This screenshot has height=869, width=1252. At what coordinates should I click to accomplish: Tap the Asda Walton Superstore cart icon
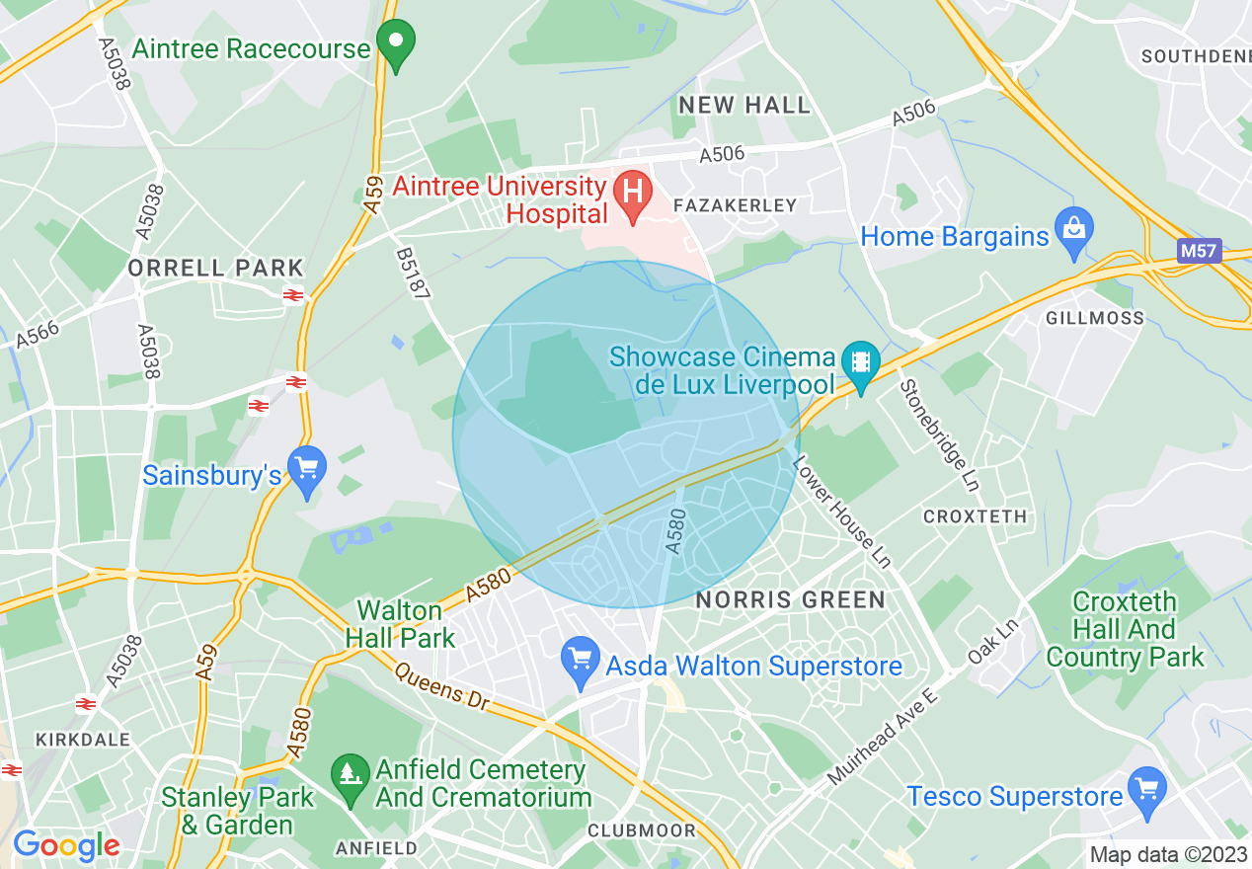pyautogui.click(x=580, y=660)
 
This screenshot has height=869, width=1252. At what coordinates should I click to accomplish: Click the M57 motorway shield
pyautogui.click(x=1199, y=251)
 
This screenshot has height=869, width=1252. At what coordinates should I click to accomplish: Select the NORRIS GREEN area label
pyautogui.click(x=791, y=599)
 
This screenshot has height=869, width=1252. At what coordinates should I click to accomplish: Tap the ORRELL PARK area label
pyautogui.click(x=215, y=268)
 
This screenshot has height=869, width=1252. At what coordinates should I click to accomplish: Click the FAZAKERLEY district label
pyautogui.click(x=734, y=206)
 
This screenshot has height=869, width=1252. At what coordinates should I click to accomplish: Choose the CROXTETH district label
pyautogui.click(x=975, y=516)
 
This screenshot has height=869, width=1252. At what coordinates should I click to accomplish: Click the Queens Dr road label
pyautogui.click(x=442, y=686)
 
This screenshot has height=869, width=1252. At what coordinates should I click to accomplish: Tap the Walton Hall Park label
pyautogui.click(x=400, y=624)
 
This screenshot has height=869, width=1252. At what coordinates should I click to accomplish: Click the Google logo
pyautogui.click(x=66, y=844)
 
